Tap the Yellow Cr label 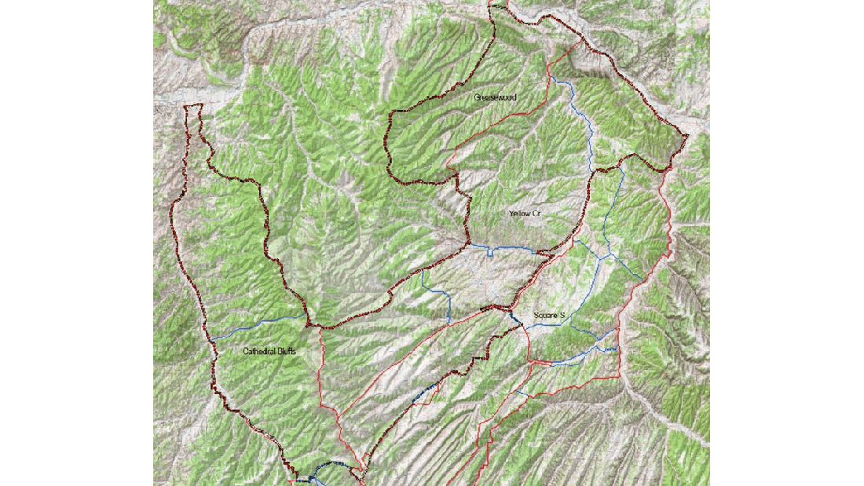pyautogui.click(x=525, y=214)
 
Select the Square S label pyautogui.click(x=549, y=316)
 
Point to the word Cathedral pyautogui.click(x=258, y=352)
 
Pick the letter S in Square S pyautogui.click(x=562, y=316)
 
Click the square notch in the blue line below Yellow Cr pyautogui.click(x=489, y=253)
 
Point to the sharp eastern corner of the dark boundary pyautogui.click(x=686, y=138)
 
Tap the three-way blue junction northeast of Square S pyautogui.click(x=604, y=256)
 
